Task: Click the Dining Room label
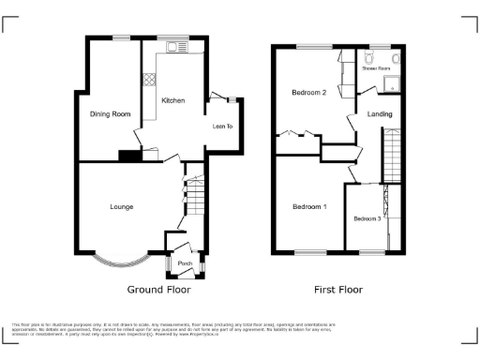(x=110, y=114)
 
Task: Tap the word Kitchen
(x=172, y=100)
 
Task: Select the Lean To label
(x=222, y=125)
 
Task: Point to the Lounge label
(x=121, y=206)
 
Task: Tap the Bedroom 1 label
(x=308, y=206)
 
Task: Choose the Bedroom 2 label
(x=308, y=93)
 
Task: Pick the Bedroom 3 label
(x=367, y=218)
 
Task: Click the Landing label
(x=380, y=114)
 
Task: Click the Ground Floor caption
(x=158, y=290)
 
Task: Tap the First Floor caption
(x=338, y=290)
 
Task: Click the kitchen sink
(x=173, y=50)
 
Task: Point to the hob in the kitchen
(x=148, y=81)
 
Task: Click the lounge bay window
(x=122, y=254)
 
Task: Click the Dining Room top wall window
(x=120, y=37)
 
